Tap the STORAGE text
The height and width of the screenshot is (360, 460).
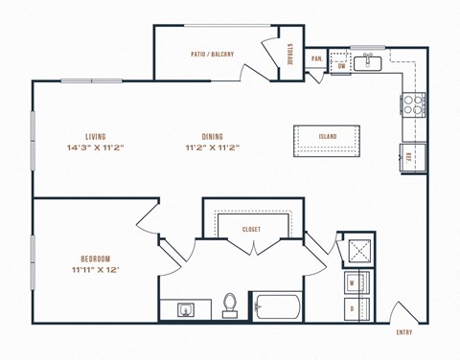(290, 55)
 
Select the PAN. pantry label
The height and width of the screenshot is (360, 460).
(316, 58)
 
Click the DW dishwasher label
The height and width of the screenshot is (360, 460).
(342, 66)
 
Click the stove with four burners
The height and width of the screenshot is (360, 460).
(412, 103)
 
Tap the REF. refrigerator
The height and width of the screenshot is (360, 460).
(411, 156)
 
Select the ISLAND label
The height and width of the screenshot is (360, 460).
(328, 137)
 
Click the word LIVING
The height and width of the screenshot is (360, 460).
(95, 137)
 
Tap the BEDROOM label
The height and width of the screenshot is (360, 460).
(95, 259)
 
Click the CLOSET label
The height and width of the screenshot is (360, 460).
(251, 230)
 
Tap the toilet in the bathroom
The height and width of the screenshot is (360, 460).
(229, 305)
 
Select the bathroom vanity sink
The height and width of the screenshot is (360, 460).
(185, 309)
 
